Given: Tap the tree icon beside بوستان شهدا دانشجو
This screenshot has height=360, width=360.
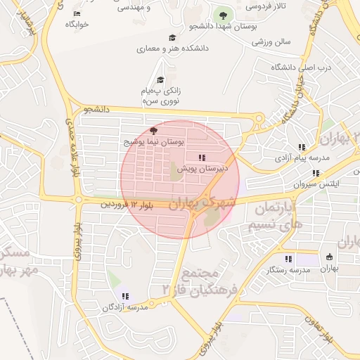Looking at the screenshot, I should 223,14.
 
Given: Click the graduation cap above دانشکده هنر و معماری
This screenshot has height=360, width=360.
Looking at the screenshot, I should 172,38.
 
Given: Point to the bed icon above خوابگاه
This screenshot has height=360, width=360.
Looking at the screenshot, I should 77,13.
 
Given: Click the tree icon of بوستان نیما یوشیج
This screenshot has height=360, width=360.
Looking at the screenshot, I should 155,130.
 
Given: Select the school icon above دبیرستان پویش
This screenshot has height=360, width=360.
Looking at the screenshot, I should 202,157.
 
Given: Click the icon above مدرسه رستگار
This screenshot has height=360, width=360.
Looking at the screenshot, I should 288,259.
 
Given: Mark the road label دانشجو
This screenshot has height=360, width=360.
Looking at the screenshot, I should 97,110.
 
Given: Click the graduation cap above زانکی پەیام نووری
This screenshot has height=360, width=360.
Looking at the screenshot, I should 160,79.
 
